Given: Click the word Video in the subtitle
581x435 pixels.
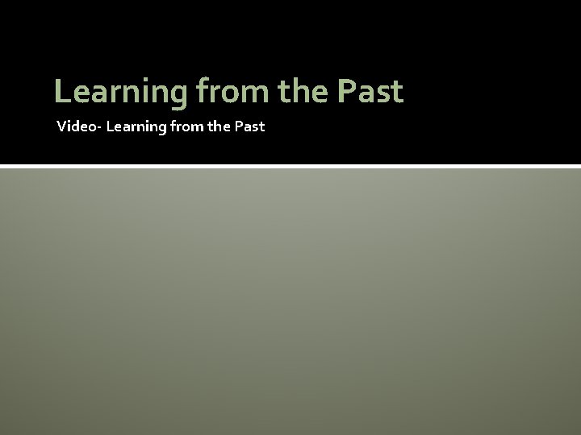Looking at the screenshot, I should (73, 126).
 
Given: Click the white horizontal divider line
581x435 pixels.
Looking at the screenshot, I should (290, 166).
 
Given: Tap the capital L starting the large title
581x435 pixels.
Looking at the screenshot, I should (61, 93).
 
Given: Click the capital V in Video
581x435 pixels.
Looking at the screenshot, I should (61, 126).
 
